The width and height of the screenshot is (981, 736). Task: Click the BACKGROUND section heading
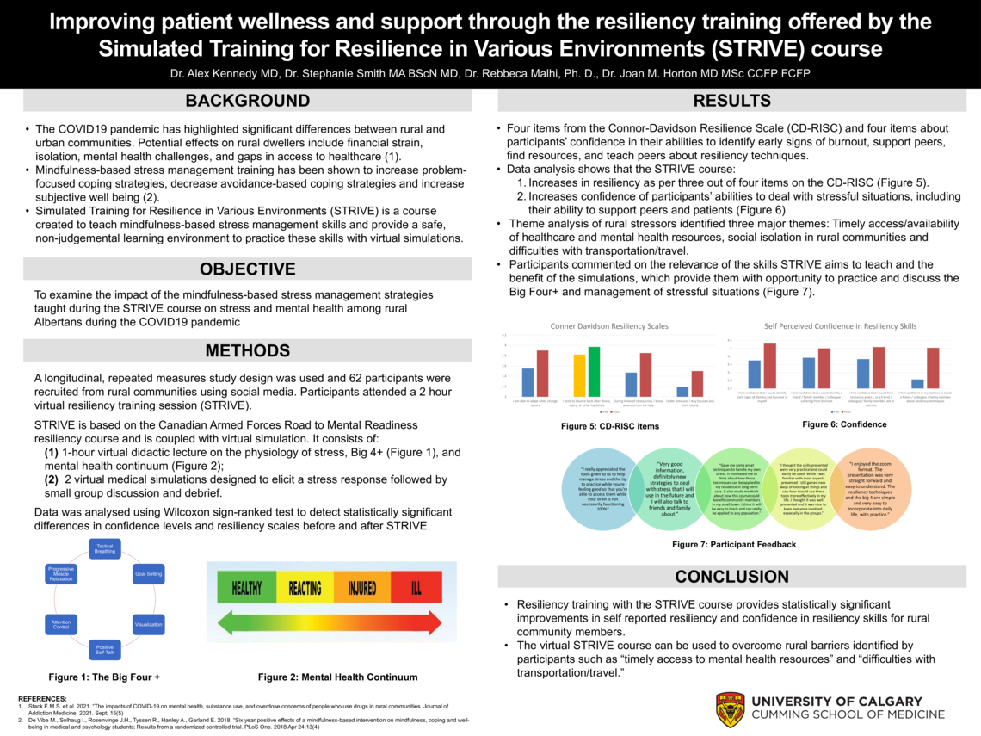248,101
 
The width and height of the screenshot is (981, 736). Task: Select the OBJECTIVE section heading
248,269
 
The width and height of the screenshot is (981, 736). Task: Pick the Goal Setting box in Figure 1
147,573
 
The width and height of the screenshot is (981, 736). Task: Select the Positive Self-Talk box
105,650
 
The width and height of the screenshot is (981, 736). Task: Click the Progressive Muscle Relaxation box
61,574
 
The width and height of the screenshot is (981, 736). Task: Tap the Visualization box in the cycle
149,623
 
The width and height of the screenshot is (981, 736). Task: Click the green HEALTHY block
246,589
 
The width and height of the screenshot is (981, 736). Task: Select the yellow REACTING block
305,589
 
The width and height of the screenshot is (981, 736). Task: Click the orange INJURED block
362,589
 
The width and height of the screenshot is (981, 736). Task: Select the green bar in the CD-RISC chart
594,371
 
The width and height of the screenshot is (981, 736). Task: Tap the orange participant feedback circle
868,489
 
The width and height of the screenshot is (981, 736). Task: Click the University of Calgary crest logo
730,709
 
